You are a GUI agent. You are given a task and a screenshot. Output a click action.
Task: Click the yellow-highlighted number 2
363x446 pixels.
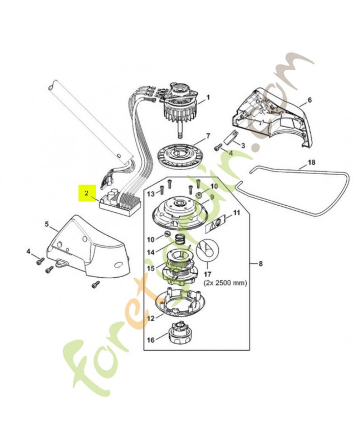[86, 193]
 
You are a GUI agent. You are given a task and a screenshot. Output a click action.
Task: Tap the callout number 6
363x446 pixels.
[310, 100]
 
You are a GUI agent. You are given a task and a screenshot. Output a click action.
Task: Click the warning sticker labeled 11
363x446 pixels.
[217, 222]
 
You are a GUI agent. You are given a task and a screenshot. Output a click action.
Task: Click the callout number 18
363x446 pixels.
[311, 163]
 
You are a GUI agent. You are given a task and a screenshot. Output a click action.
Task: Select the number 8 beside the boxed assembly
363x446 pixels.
[256, 263]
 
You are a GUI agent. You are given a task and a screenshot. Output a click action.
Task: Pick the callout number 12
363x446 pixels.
[150, 318]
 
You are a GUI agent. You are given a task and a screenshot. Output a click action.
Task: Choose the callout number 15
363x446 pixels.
[150, 268]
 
